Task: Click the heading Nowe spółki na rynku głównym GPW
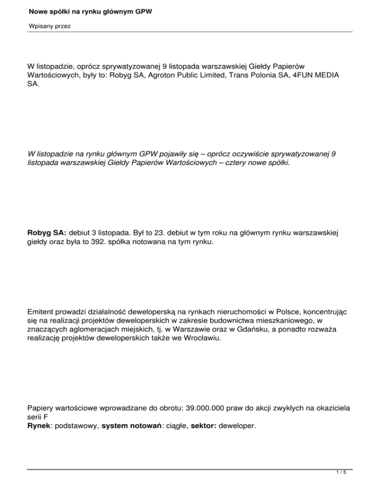[x=90, y=10]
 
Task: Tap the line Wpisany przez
[x=49, y=26]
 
